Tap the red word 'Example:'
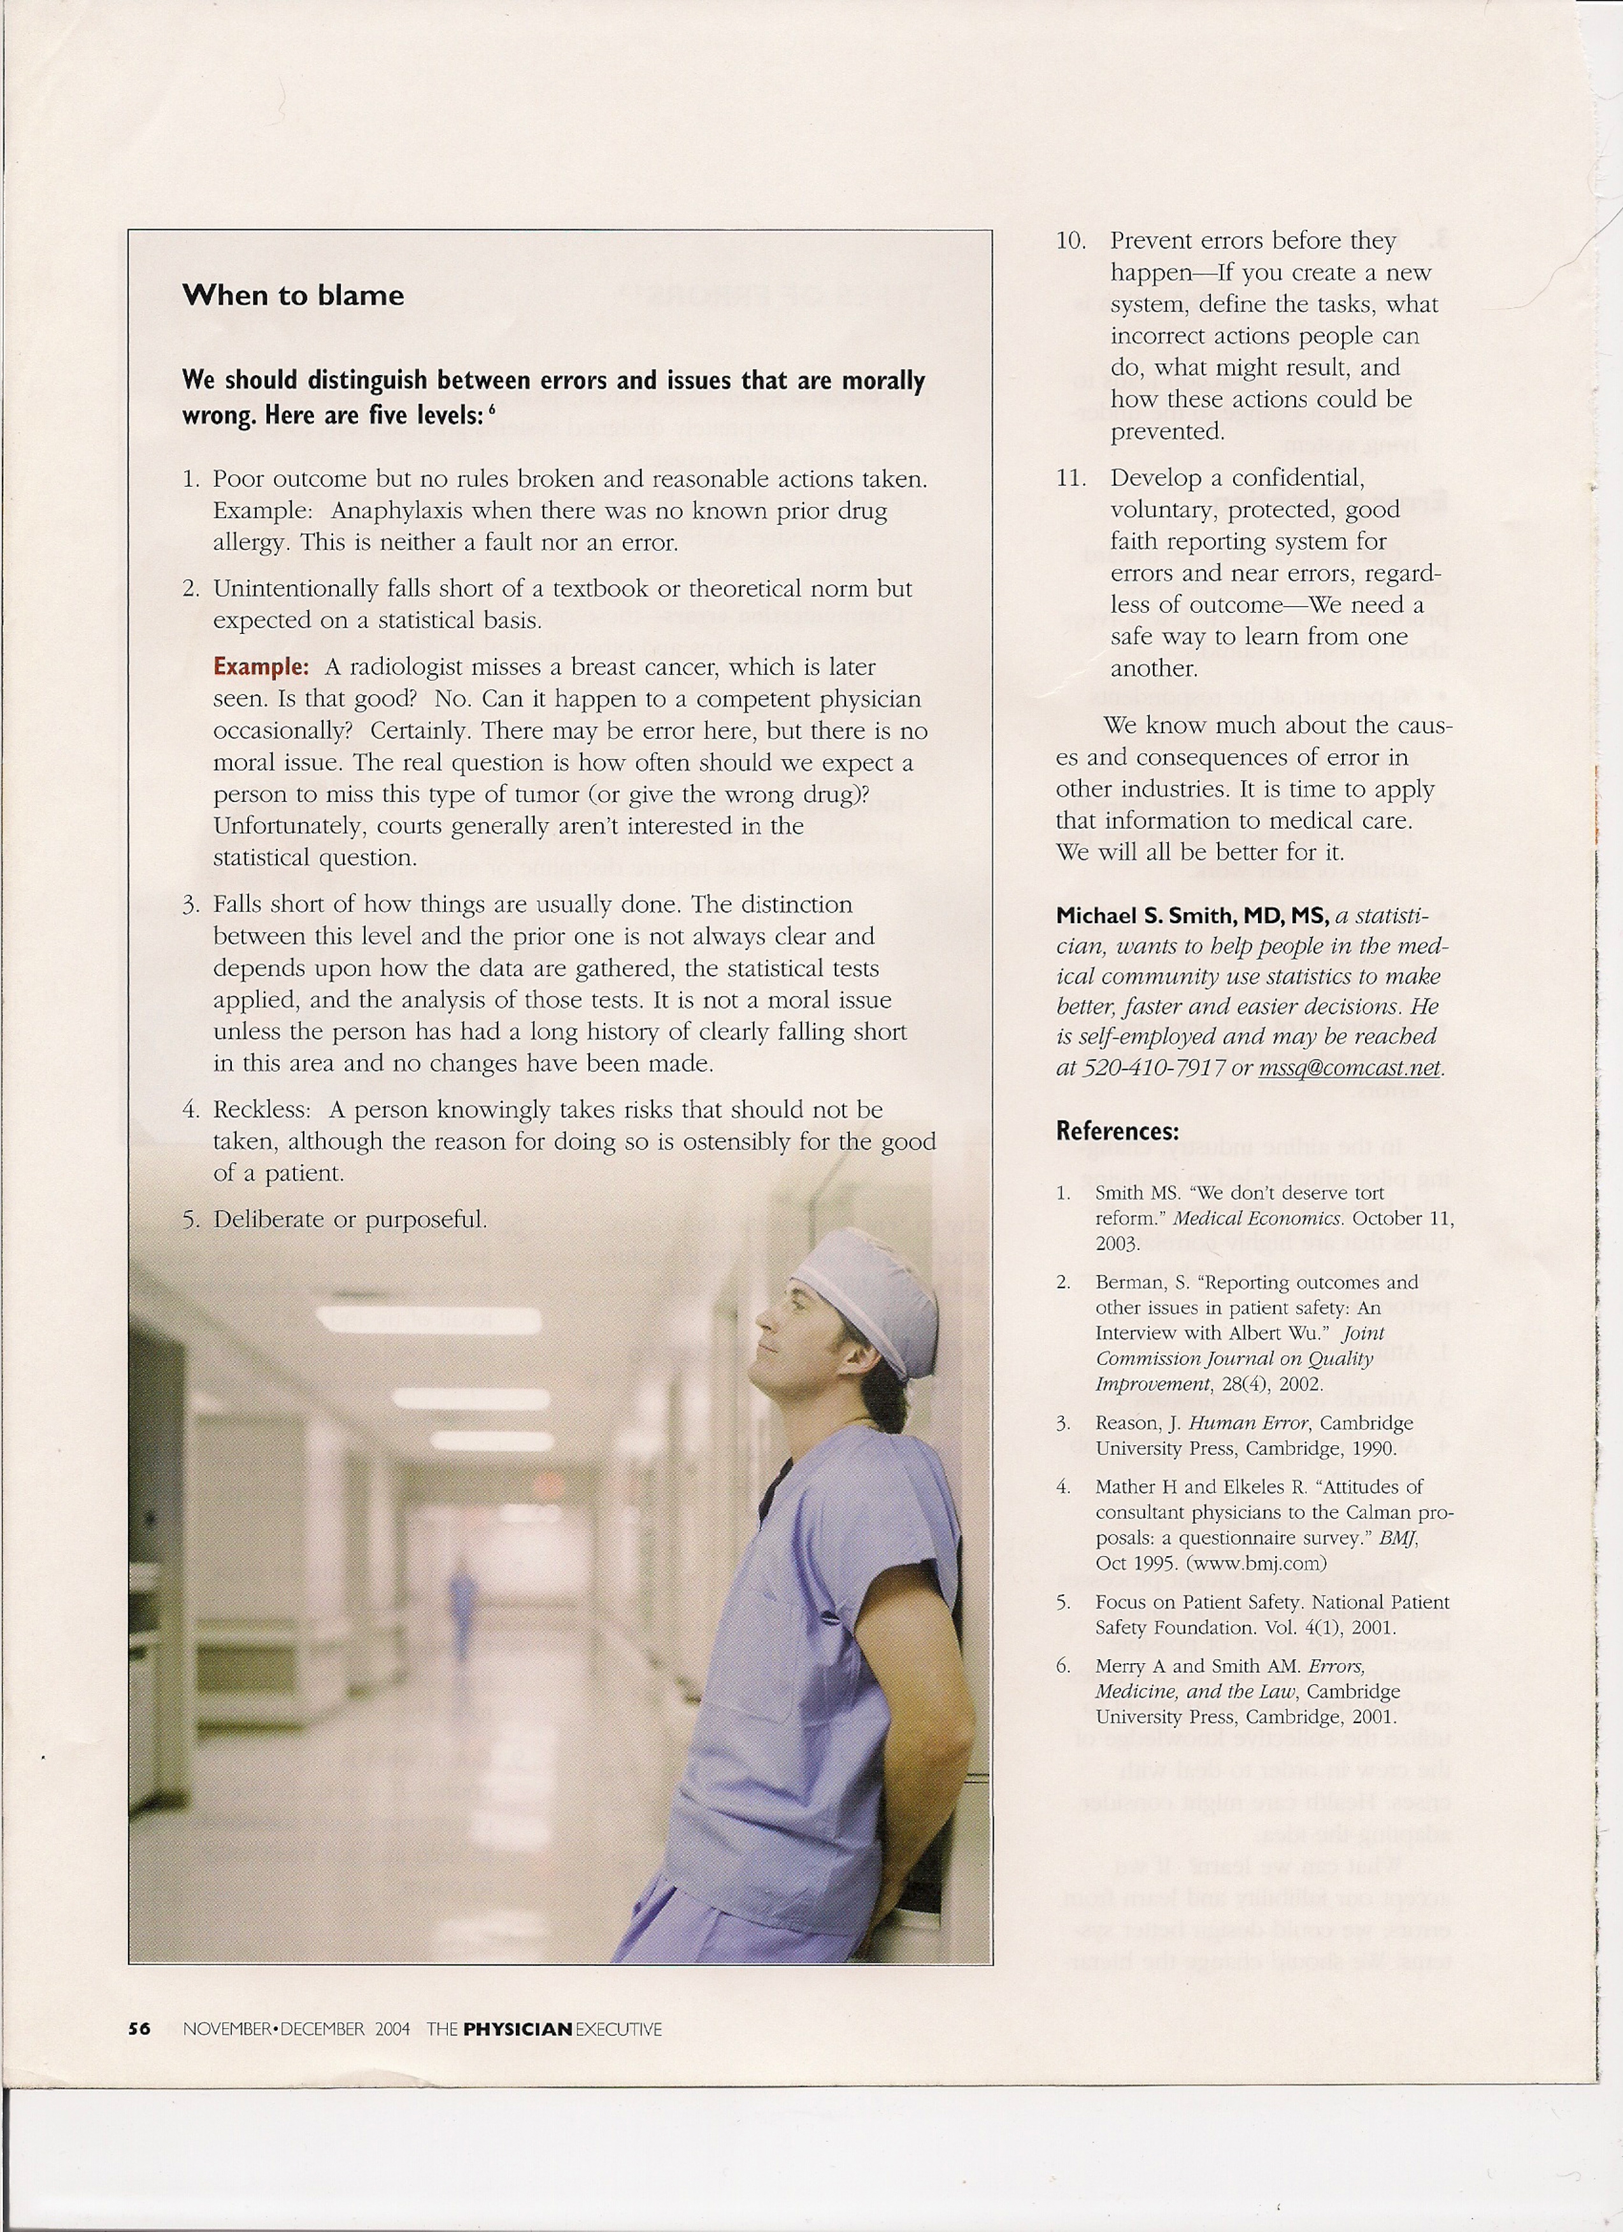coord(261,666)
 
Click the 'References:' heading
coord(1117,1131)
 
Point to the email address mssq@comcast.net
coord(1349,1068)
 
